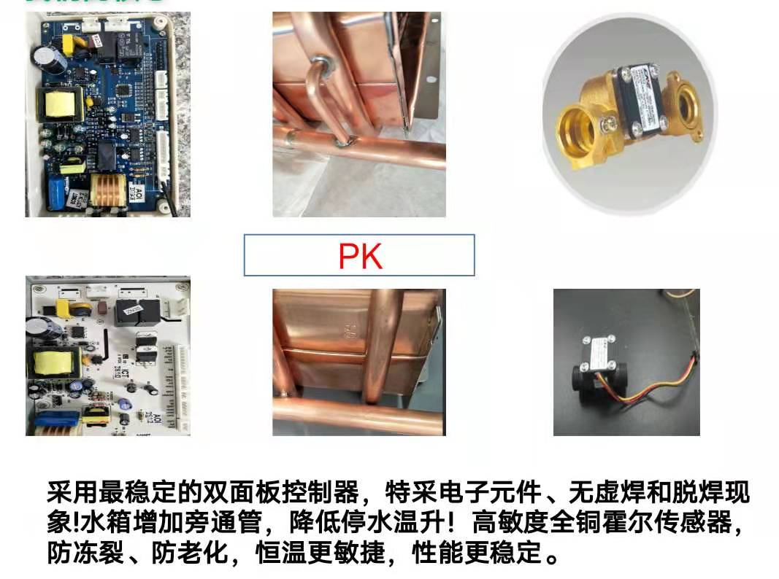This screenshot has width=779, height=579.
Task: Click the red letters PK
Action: click(x=361, y=254)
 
